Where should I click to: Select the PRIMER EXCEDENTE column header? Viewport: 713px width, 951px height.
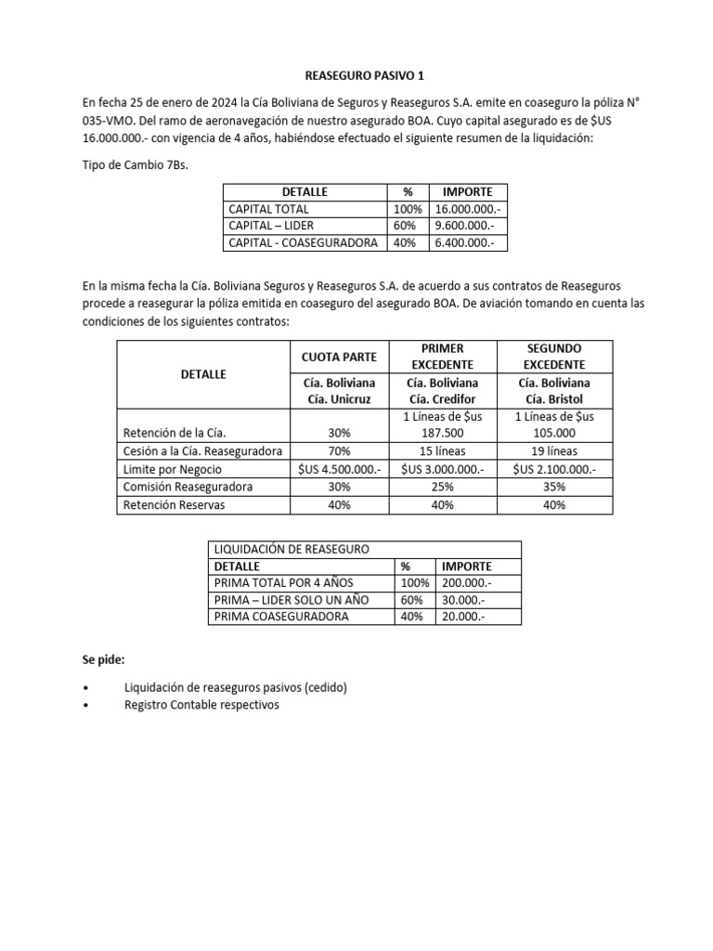442,357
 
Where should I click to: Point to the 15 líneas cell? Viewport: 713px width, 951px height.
442,451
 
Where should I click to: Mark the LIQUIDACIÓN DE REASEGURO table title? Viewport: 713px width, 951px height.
291,549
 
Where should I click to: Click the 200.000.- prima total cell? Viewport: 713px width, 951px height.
467,582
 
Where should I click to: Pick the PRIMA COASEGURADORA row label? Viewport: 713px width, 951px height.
281,617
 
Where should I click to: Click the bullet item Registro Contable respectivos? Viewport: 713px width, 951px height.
201,705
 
